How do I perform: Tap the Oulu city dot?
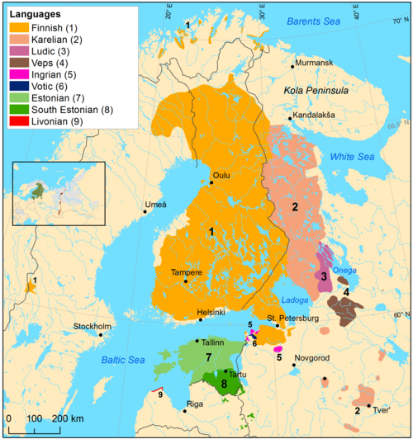pos(211,182)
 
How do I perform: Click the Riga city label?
pos(195,404)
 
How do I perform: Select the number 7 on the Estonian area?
pos(210,356)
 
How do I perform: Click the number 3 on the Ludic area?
pos(325,276)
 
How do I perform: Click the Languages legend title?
pos(35,13)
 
